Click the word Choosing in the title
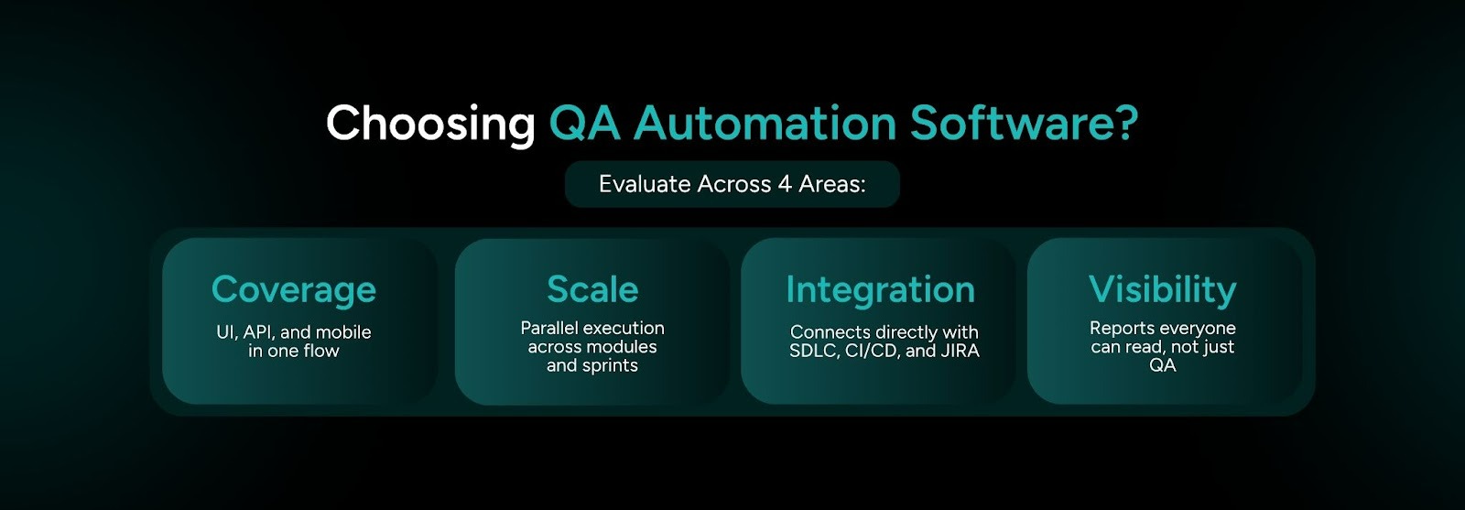point(430,124)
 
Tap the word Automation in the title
point(765,124)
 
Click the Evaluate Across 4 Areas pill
point(732,184)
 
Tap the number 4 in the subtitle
point(785,184)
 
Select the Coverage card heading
point(293,289)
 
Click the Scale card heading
point(592,289)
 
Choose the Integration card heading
point(880,289)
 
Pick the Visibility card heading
point(1162,289)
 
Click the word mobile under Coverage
point(343,332)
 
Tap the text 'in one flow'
point(293,351)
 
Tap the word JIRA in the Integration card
point(960,351)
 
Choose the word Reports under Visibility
point(1122,328)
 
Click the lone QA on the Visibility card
point(1162,365)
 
